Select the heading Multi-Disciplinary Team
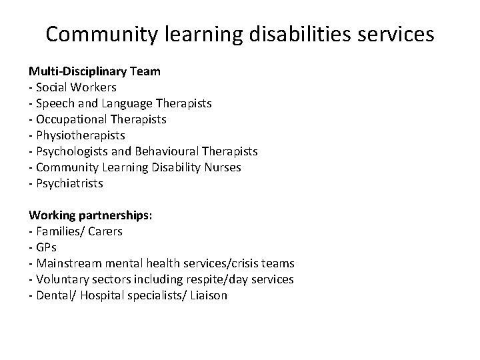click(94, 71)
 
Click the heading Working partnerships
click(90, 215)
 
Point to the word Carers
click(105, 231)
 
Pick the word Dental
click(53, 295)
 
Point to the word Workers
click(95, 87)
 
